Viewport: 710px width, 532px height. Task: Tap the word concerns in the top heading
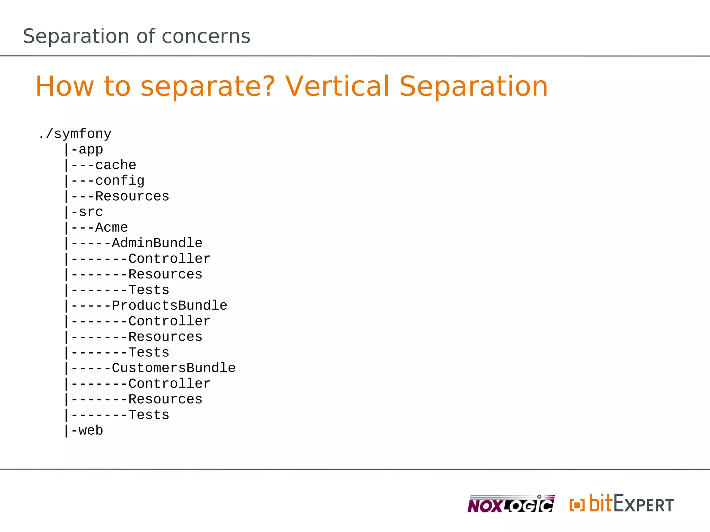pos(206,36)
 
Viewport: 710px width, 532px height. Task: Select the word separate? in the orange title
pos(208,87)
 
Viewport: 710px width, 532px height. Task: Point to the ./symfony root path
pos(75,134)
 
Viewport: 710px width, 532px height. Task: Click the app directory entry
pos(90,149)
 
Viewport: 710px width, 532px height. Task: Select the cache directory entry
pos(115,165)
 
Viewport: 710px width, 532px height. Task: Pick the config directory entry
pos(120,181)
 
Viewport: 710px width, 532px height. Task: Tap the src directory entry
pos(90,212)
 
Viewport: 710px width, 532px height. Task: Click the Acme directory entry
pos(111,228)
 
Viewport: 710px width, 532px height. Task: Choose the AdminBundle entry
pos(157,243)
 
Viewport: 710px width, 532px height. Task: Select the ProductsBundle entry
pos(169,305)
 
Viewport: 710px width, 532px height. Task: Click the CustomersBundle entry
pos(173,368)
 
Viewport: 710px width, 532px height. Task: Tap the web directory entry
pos(90,431)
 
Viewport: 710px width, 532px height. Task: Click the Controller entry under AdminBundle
pos(169,259)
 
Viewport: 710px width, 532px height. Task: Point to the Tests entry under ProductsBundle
pos(149,353)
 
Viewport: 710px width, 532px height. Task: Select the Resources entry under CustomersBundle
pos(165,399)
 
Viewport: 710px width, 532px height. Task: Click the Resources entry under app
pos(132,196)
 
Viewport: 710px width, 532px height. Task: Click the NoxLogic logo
pos(511,504)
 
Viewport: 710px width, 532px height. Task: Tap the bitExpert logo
pos(621,504)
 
